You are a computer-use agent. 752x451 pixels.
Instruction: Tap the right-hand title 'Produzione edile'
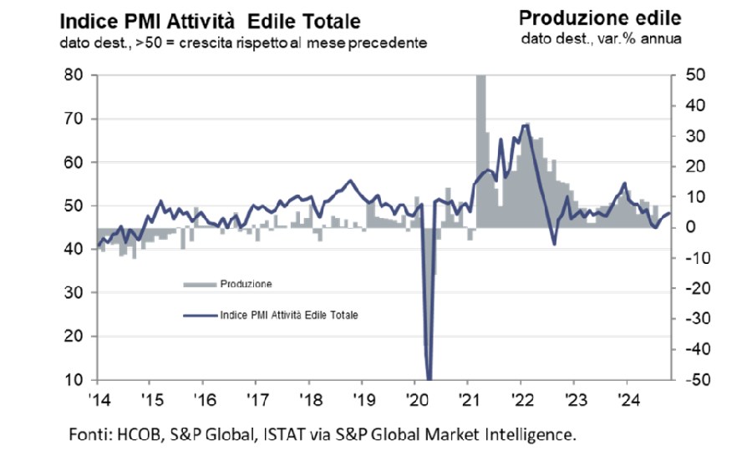point(600,18)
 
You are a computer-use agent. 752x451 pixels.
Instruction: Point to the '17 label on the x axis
point(257,398)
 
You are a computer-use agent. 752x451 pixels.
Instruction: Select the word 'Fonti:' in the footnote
point(88,433)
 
